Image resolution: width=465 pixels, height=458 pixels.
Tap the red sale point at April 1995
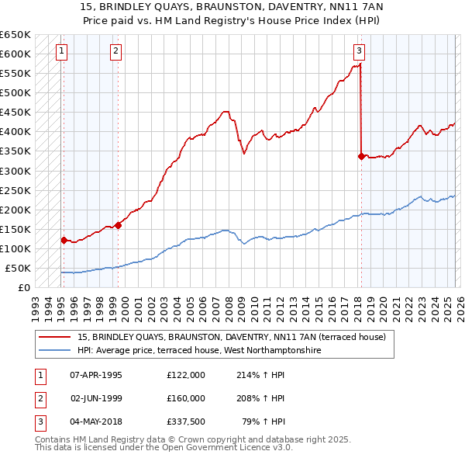[x=64, y=240]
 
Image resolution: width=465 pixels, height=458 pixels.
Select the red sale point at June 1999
[x=118, y=225]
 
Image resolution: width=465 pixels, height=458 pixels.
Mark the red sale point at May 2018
[x=361, y=156]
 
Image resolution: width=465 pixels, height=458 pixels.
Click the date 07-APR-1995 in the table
[x=96, y=375]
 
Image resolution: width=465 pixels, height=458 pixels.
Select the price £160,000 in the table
[x=186, y=398]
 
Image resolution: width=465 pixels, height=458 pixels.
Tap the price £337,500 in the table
[x=186, y=422]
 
